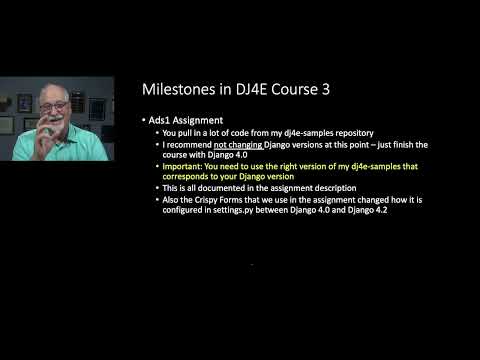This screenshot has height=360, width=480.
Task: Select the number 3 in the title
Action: [x=325, y=90]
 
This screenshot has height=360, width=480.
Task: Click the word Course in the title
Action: [x=299, y=90]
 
